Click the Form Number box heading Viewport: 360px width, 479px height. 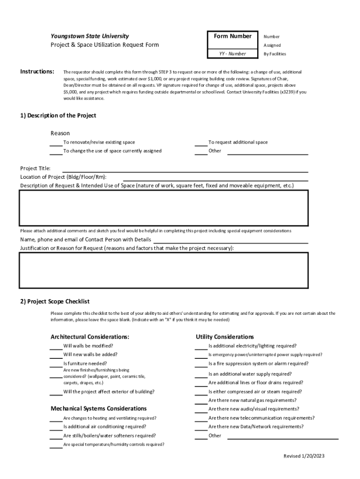pos(232,36)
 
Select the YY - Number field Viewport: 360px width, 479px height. pos(232,54)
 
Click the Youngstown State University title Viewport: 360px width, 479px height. pos(90,36)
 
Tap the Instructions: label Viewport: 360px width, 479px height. pos(37,72)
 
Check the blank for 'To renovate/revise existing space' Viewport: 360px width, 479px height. pos(56,143)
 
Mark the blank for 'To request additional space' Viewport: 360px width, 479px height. pos(201,143)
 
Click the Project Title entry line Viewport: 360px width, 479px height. pos(185,169)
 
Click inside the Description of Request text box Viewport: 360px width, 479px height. pos(164,208)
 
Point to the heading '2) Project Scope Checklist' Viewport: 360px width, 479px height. pos(55,302)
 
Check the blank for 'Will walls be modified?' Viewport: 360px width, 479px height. pos(56,347)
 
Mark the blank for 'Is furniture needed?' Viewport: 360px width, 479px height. pos(56,364)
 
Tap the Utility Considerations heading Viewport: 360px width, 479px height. pos(225,337)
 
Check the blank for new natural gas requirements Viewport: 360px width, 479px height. pos(201,401)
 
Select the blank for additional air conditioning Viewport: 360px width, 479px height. pos(56,427)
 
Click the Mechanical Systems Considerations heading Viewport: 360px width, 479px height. pos(99,409)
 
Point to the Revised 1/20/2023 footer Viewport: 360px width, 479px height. pos(304,456)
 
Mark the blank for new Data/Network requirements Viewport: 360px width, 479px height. pos(201,427)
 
